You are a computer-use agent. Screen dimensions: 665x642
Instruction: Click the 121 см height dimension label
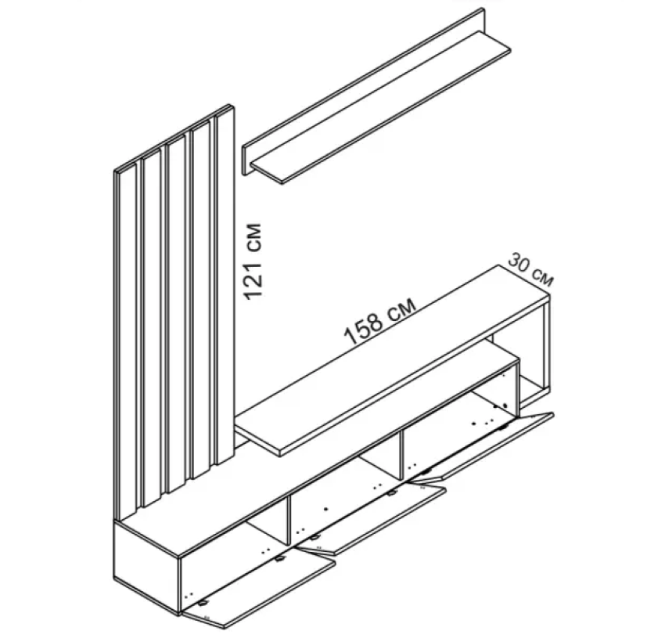(253, 261)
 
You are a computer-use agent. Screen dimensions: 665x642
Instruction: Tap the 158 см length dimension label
(380, 319)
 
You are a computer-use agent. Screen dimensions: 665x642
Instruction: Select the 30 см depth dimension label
(530, 269)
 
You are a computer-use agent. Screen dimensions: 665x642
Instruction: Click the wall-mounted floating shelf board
(380, 107)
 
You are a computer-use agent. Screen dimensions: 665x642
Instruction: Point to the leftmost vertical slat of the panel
(128, 341)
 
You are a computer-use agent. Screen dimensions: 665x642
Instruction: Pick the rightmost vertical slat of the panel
(225, 285)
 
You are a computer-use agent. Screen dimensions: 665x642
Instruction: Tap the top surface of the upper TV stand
(393, 360)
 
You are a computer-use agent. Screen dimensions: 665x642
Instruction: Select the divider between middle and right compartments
(401, 455)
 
